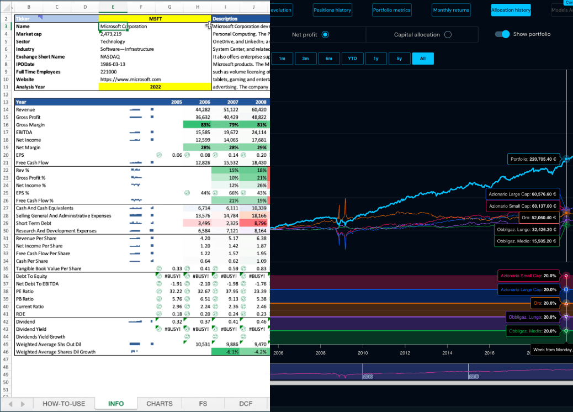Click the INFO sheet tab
tap(116, 404)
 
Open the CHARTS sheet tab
tap(160, 404)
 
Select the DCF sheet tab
tap(246, 404)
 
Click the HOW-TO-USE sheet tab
tap(64, 404)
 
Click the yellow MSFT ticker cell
tap(155, 19)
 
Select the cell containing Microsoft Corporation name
tap(124, 26)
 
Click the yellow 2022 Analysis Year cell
tap(155, 87)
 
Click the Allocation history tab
tap(511, 10)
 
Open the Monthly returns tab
tap(451, 10)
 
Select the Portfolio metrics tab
tap(391, 10)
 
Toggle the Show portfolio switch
tap(502, 34)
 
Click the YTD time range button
tap(352, 59)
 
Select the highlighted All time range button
tap(423, 59)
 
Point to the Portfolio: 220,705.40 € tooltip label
tap(534, 159)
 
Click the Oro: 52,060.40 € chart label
tap(539, 218)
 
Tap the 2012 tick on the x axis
tap(405, 353)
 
